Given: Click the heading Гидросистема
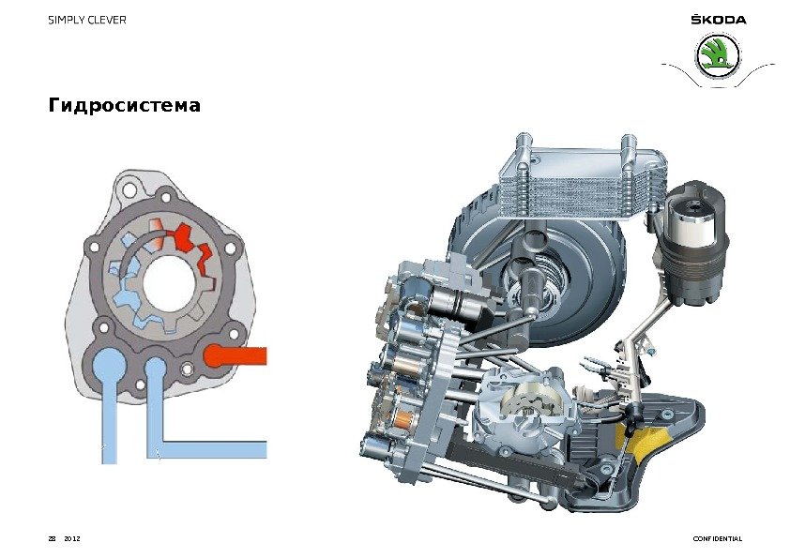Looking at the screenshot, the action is tap(125, 105).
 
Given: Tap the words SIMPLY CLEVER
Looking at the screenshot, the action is tap(87, 20).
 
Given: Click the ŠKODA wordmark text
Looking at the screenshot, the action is tap(718, 20).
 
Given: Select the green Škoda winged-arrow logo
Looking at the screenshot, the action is tap(718, 56).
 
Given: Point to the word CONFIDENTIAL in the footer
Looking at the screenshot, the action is tap(718, 538).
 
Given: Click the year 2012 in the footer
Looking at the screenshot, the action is tap(72, 538).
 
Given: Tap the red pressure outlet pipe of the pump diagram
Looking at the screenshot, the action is tap(235, 356).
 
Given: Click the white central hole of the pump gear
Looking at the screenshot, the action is tap(169, 283).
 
